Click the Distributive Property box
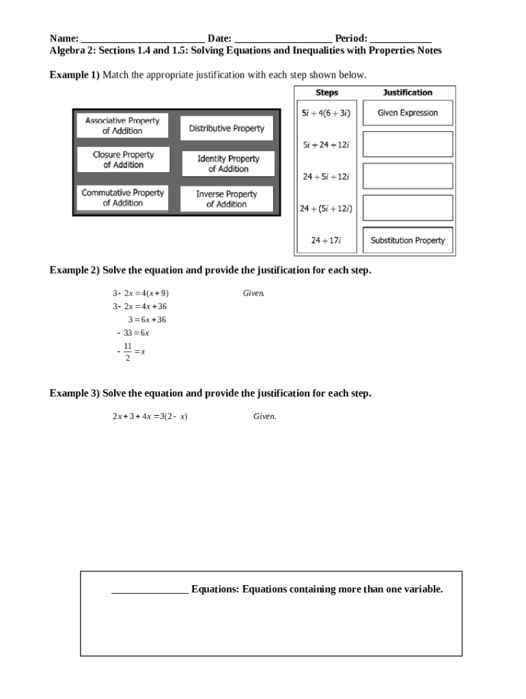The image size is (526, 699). point(226,128)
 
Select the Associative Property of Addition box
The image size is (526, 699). point(122,126)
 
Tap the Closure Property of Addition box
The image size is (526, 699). point(123,160)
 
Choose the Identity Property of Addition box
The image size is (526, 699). point(227,164)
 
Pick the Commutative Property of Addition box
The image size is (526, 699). point(123,198)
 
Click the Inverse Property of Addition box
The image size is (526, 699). point(226,199)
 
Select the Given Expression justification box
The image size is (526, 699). point(407,113)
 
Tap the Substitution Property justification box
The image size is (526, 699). point(407,240)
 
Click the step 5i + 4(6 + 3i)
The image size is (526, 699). point(326,113)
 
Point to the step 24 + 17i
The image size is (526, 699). point(326,240)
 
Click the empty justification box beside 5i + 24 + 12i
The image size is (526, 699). point(407,144)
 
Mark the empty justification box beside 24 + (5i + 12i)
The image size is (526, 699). point(407,208)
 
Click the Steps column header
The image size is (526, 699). point(327,93)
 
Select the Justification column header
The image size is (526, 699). point(407,93)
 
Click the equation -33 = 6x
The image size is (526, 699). point(133,333)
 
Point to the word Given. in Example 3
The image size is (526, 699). point(264,416)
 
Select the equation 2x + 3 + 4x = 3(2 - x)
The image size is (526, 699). point(150,416)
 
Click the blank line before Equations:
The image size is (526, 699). point(150,591)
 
